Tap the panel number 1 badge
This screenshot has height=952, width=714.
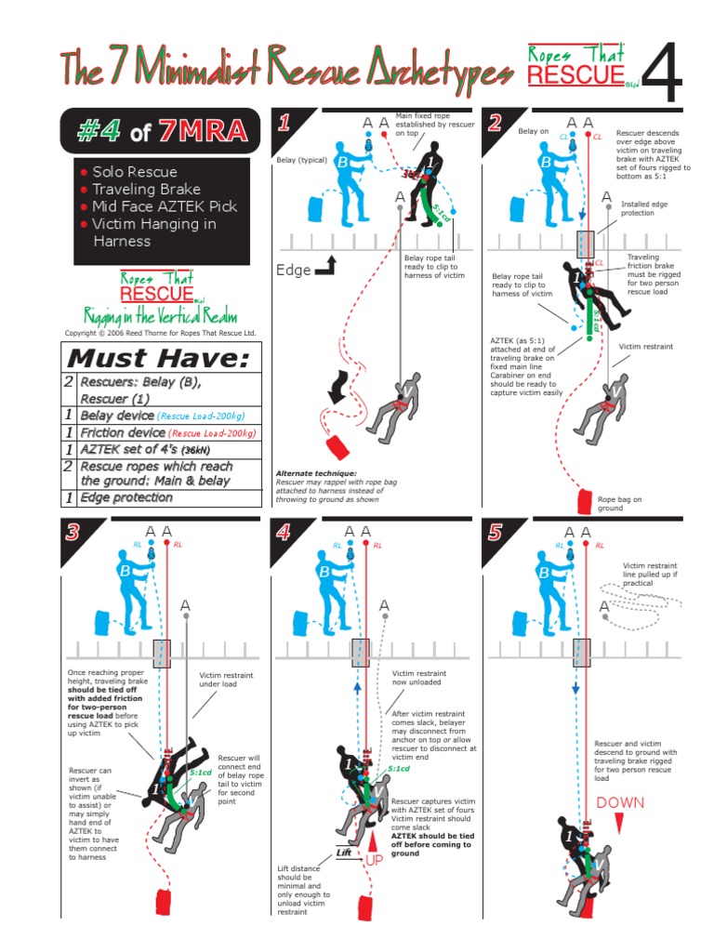coord(284,122)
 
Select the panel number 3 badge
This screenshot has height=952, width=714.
coord(73,534)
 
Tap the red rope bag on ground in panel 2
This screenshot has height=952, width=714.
coord(585,501)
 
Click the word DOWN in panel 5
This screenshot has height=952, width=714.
coord(620,802)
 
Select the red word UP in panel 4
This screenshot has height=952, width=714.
coord(375,861)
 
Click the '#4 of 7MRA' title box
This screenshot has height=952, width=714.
coord(156,132)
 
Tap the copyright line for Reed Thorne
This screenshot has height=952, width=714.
coord(159,332)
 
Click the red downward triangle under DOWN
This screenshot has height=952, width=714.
coord(619,819)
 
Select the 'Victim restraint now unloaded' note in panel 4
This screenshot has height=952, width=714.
coord(419,679)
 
